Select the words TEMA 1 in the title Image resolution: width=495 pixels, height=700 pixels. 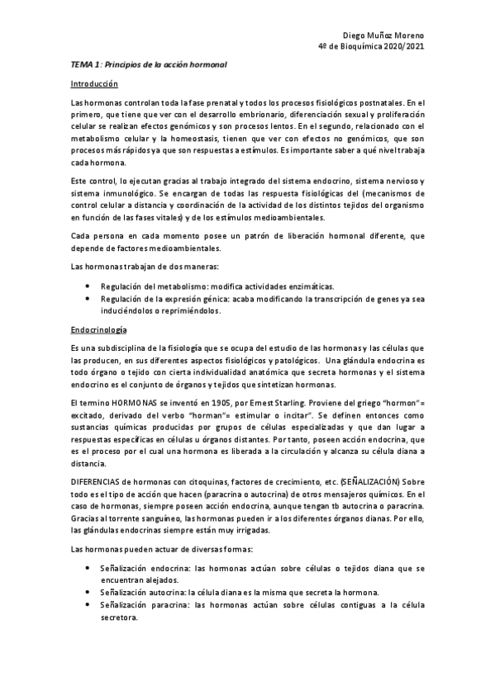[x=85, y=64]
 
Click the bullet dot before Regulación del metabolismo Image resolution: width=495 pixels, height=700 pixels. [x=88, y=285]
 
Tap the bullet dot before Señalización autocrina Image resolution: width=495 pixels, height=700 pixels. [x=88, y=593]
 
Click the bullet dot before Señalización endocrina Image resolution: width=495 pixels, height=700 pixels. [x=88, y=569]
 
